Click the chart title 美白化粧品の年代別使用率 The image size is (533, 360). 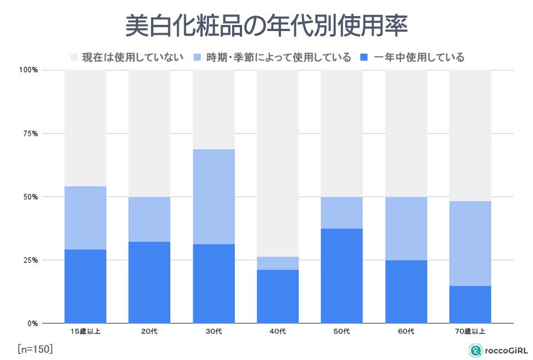click(x=266, y=26)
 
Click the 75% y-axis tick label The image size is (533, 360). click(x=29, y=134)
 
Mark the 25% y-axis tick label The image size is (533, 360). click(x=29, y=260)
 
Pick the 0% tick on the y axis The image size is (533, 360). click(x=32, y=323)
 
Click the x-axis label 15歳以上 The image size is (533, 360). click(x=85, y=332)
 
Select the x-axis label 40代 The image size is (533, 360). click(x=278, y=332)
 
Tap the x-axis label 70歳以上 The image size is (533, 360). click(x=470, y=332)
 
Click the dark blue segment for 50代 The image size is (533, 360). click(x=342, y=276)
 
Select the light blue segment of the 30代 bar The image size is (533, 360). click(x=214, y=196)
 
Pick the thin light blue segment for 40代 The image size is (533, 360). click(x=278, y=263)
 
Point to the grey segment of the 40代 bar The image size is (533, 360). click(x=278, y=163)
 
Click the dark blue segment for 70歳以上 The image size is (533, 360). click(x=470, y=305)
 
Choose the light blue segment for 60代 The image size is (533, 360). click(x=406, y=229)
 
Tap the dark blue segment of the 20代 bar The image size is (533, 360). click(x=149, y=282)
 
